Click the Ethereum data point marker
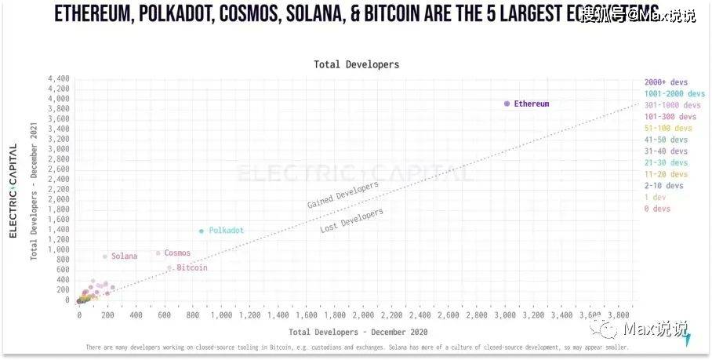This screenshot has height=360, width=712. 507,104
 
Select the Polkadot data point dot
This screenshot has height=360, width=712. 202,231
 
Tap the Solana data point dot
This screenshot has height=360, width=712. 105,256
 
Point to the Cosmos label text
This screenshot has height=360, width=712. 177,253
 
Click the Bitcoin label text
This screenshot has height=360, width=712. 192,268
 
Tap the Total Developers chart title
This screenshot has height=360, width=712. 356,64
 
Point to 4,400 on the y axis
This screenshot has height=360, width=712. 59,79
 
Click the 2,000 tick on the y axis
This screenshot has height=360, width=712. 59,199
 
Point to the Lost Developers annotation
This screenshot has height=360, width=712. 352,220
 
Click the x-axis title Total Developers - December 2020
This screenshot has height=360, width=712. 356,333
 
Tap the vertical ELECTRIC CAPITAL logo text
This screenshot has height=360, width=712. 13,191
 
